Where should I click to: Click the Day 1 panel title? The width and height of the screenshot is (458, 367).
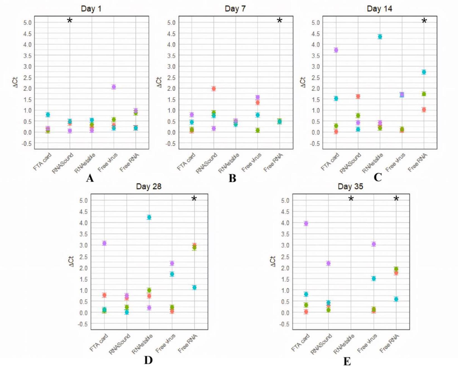[91, 9]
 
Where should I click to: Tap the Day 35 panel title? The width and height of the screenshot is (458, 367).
[350, 186]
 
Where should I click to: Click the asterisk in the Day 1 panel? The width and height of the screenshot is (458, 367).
[70, 20]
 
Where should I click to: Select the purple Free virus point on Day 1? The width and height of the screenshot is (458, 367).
[114, 87]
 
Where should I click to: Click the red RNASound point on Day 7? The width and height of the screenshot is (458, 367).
[214, 89]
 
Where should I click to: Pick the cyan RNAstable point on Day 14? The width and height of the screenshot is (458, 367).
[380, 37]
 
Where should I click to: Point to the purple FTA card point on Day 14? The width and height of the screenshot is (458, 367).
[336, 50]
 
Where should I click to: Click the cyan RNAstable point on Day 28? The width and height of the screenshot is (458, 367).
[149, 217]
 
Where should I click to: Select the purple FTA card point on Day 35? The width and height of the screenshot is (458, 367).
[306, 223]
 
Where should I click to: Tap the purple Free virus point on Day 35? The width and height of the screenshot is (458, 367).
[374, 244]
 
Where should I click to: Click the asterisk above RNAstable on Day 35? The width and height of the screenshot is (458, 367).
[351, 199]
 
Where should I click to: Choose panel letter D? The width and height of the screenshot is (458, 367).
[148, 360]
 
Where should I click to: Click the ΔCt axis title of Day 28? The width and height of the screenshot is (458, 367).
[71, 261]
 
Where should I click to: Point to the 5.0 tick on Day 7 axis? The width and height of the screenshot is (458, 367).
[171, 23]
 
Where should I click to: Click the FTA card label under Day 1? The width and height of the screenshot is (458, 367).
[42, 162]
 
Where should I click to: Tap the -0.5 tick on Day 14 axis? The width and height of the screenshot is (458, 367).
[315, 144]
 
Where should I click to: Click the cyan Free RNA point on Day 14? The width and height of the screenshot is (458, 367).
[424, 72]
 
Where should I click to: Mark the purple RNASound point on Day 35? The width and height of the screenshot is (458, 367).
[329, 263]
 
